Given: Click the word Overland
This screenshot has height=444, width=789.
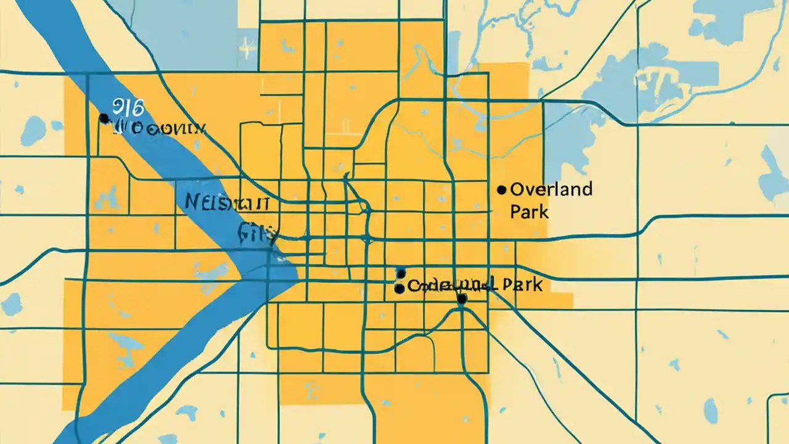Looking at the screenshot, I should (x=551, y=189).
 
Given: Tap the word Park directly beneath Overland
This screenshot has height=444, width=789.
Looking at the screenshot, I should (x=529, y=212).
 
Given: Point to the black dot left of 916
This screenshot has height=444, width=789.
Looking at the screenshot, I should (x=104, y=118).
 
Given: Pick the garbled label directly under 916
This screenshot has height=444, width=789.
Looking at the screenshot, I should (x=158, y=129).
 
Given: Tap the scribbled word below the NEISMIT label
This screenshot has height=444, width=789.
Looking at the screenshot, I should (x=258, y=232).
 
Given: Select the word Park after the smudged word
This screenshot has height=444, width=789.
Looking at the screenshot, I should (x=522, y=285).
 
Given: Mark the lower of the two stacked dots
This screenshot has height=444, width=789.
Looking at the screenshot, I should (x=399, y=287).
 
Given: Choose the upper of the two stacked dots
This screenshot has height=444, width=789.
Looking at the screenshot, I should (x=401, y=273).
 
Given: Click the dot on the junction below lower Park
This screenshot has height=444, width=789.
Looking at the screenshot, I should (x=462, y=299).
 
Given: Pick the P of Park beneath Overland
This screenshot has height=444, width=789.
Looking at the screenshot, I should (x=515, y=212).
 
